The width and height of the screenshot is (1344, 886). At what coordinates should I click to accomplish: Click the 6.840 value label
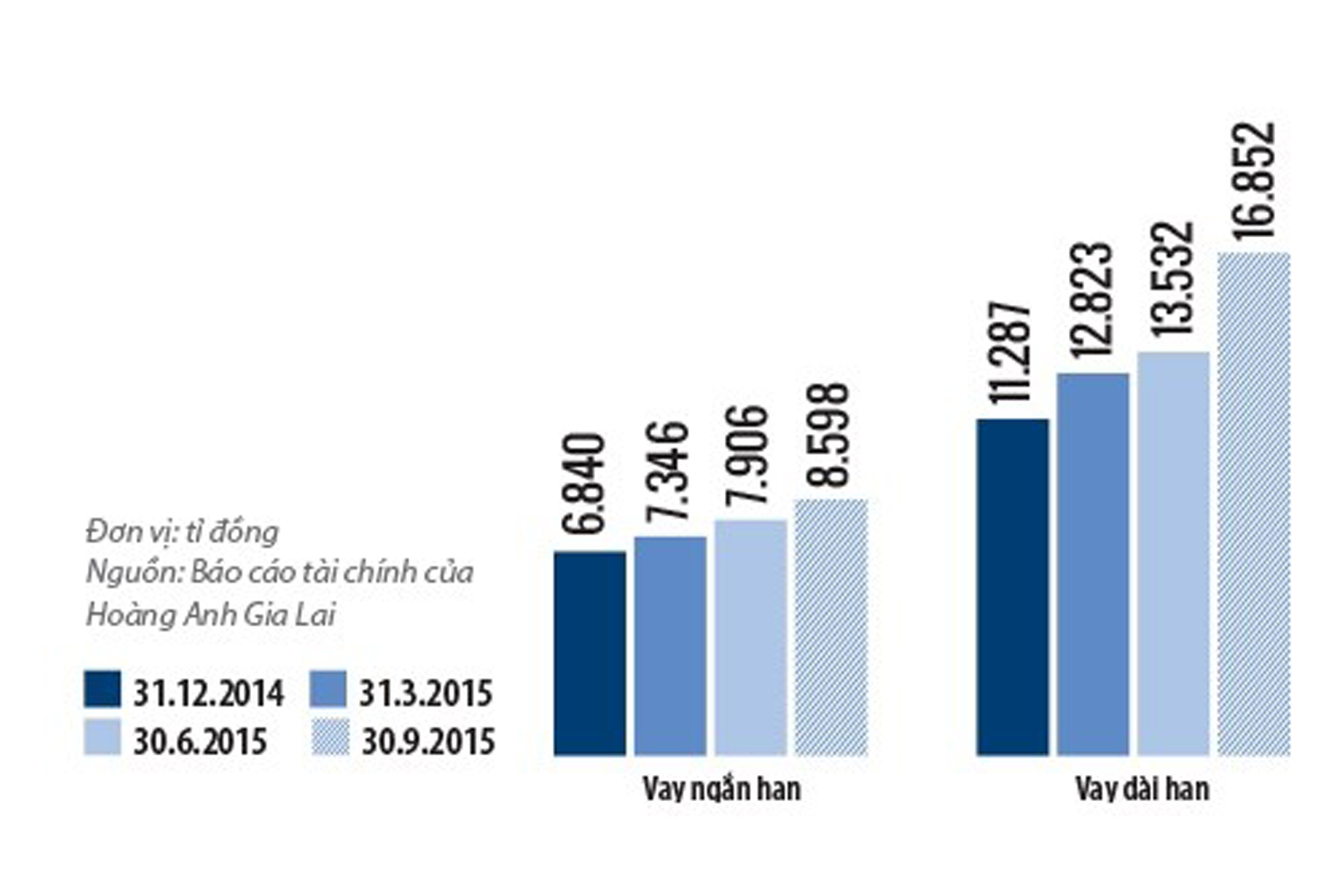[590, 485]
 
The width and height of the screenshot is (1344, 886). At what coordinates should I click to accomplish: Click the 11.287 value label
[1011, 351]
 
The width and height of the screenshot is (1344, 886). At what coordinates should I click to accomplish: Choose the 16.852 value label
[1254, 180]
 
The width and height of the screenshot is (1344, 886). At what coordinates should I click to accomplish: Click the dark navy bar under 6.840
[590, 653]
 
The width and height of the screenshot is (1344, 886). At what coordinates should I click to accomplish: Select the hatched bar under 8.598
[831, 627]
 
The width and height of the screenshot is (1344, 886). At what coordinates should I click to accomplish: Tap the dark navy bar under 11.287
[1012, 588]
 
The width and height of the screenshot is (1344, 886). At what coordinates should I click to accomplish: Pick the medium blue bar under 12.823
[1093, 565]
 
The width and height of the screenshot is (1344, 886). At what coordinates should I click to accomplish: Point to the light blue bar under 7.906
[751, 638]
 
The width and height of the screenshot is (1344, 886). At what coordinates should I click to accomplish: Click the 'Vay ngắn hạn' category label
[721, 789]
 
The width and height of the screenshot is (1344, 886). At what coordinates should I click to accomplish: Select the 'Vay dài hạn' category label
[1142, 789]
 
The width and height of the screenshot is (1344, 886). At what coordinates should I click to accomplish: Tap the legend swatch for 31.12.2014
[102, 690]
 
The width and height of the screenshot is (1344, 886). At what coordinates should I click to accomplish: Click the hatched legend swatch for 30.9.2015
[328, 738]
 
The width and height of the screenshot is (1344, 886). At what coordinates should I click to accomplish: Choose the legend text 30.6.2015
[200, 741]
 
